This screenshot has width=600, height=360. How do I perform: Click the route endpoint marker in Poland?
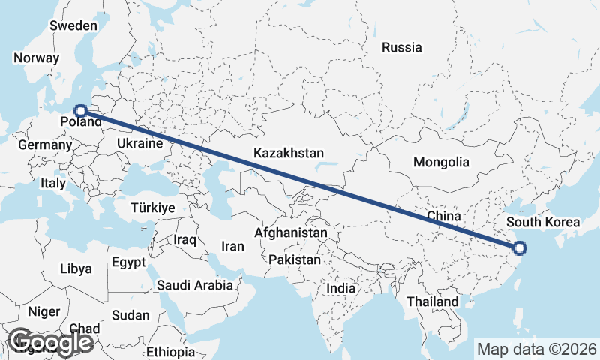(82, 109)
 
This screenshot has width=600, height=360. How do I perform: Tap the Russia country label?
(401, 47)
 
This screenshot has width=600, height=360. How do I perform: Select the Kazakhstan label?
(288, 152)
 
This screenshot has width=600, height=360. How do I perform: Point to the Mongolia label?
(441, 162)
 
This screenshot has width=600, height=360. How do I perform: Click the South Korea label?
(543, 222)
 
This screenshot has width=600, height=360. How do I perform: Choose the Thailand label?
(433, 301)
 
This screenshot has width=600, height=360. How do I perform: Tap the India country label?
(341, 288)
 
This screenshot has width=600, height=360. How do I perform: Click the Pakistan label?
(295, 260)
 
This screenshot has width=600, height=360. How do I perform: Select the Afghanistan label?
(291, 233)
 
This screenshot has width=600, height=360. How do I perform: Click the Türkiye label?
(152, 208)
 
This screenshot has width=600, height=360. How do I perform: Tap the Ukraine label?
(140, 143)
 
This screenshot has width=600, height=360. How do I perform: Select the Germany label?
(44, 145)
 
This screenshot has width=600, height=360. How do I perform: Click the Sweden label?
(73, 25)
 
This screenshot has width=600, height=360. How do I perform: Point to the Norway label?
(36, 58)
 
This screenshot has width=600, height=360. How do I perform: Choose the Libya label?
(76, 268)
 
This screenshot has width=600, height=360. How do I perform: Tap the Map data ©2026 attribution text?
(537, 349)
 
